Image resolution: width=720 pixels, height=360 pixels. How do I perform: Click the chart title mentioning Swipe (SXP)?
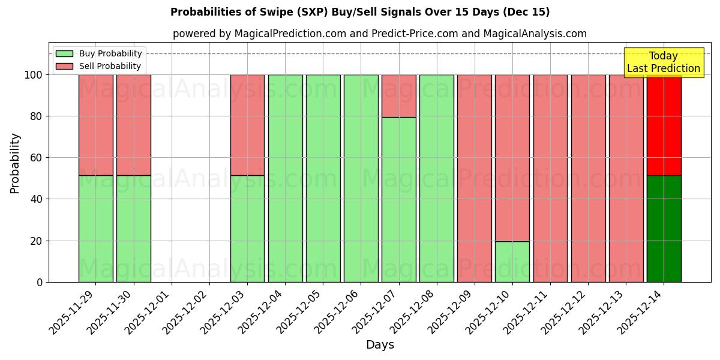[x=360, y=12]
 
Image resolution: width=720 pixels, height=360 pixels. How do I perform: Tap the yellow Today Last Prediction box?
[x=663, y=62]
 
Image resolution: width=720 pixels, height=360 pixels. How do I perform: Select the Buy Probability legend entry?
[x=110, y=53]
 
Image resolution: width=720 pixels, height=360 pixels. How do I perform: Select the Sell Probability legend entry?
[x=110, y=66]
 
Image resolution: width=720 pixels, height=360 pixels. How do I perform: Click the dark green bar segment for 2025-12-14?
[x=664, y=229]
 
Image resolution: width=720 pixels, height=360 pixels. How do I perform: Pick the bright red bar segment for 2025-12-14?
[x=664, y=125]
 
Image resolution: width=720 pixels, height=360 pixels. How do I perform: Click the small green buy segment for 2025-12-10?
[x=512, y=262]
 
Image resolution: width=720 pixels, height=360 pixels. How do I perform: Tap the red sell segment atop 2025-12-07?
[x=399, y=96]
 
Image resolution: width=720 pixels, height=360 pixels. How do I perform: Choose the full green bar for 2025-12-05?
[x=323, y=178]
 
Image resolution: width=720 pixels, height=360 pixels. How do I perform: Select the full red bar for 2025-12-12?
[x=588, y=178]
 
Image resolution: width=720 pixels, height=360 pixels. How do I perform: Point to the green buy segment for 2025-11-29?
[x=95, y=229]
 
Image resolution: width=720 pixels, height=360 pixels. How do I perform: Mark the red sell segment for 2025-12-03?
[x=247, y=125]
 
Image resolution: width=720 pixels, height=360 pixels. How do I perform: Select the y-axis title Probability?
[x=15, y=163]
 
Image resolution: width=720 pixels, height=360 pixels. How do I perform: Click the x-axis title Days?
[x=380, y=345]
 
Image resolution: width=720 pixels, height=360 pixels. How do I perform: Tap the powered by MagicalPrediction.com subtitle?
[x=380, y=34]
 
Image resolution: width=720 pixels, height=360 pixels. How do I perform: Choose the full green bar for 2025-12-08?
[x=437, y=178]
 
